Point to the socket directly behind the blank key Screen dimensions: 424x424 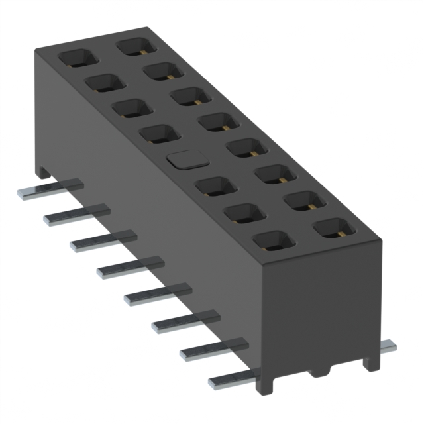coord(159,134)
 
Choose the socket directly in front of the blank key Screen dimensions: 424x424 coord(216,186)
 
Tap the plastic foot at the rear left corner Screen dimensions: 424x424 coord(44,171)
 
